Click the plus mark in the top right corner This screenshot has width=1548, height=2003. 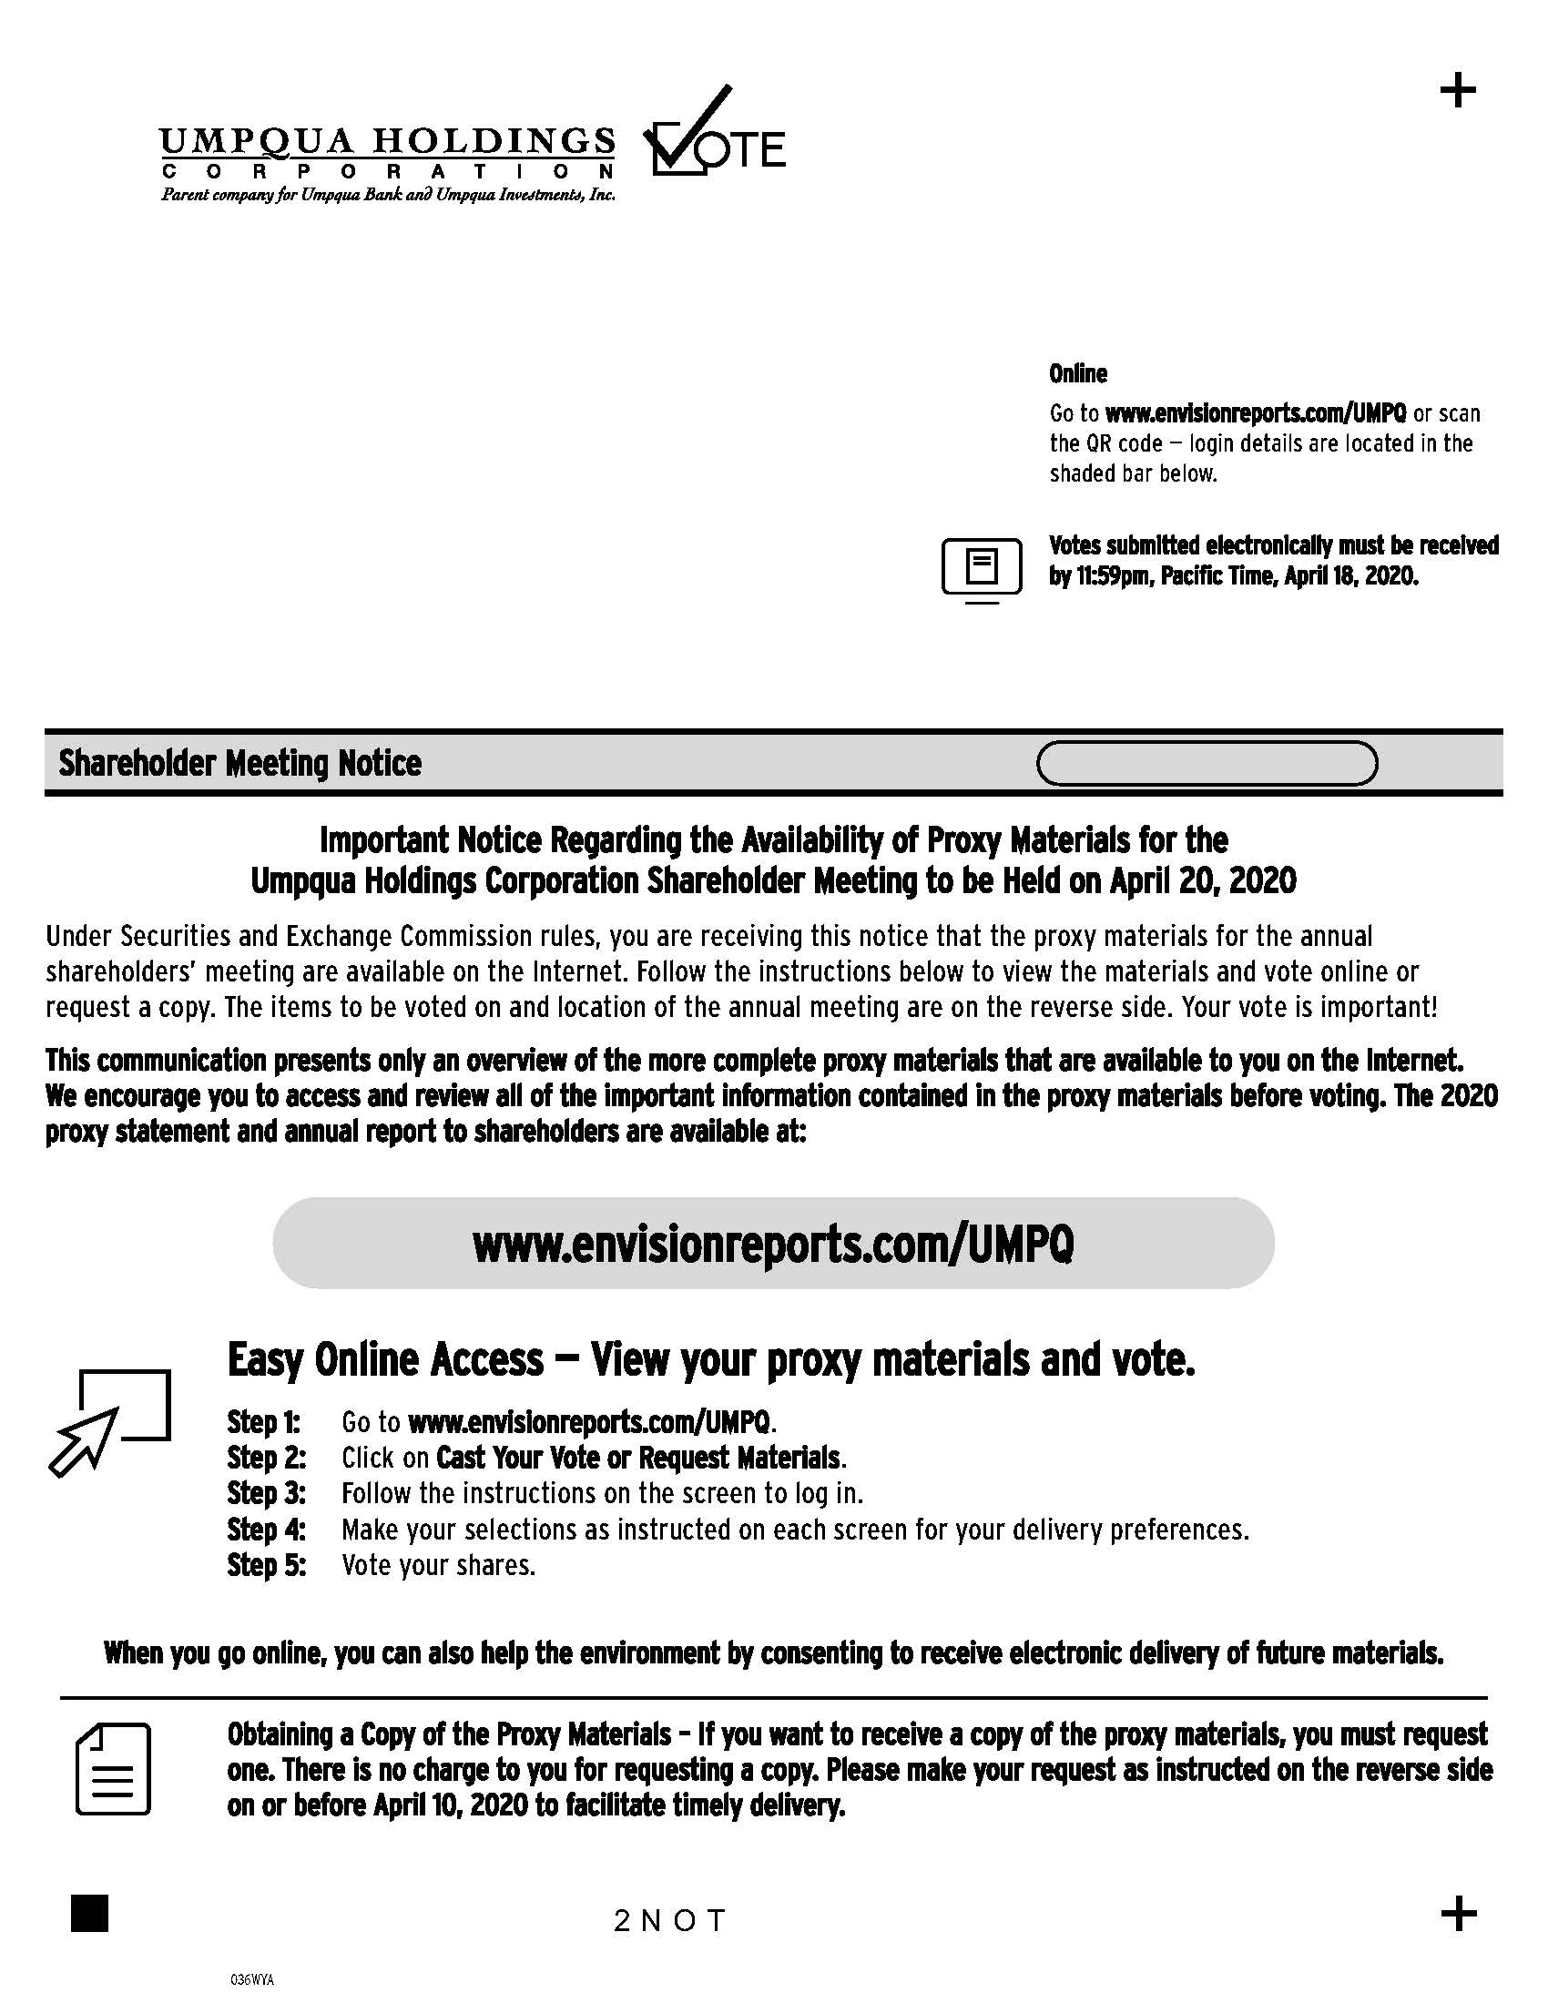pyautogui.click(x=1458, y=91)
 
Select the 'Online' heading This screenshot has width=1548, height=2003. pyautogui.click(x=1077, y=373)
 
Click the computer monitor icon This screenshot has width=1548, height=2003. pyautogui.click(x=982, y=570)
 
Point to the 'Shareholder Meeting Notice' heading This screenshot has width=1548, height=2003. pyautogui.click(x=240, y=763)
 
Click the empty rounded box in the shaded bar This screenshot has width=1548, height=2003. pyautogui.click(x=1206, y=763)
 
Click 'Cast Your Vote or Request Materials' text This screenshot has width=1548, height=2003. pyautogui.click(x=639, y=1458)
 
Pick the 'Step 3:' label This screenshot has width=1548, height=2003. pyautogui.click(x=266, y=1493)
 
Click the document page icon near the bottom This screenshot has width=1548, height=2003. pyautogui.click(x=113, y=1769)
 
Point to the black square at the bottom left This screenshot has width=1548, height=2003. pyautogui.click(x=89, y=1913)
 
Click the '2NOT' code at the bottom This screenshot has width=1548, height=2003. pyautogui.click(x=670, y=1920)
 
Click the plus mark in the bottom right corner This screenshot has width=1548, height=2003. pyautogui.click(x=1458, y=1914)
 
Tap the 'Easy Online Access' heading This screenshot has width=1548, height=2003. pyautogui.click(x=385, y=1359)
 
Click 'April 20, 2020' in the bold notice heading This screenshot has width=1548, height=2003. pyautogui.click(x=1203, y=880)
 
